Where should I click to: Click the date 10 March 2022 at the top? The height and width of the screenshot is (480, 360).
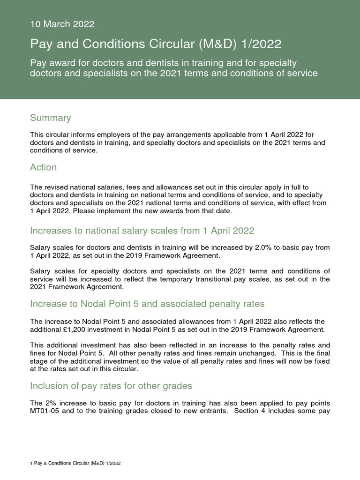pyautogui.click(x=62, y=24)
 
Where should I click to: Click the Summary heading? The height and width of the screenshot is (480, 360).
pyautogui.click(x=50, y=118)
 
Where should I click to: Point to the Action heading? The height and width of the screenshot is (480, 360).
pyautogui.click(x=43, y=167)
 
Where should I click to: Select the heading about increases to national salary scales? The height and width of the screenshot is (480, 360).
pyautogui.click(x=142, y=231)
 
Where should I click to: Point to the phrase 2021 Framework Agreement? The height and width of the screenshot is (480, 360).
pyautogui.click(x=76, y=287)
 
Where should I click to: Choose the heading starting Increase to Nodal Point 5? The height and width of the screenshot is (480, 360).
pyautogui.click(x=147, y=304)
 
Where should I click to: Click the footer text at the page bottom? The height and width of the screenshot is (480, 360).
pyautogui.click(x=75, y=463)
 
